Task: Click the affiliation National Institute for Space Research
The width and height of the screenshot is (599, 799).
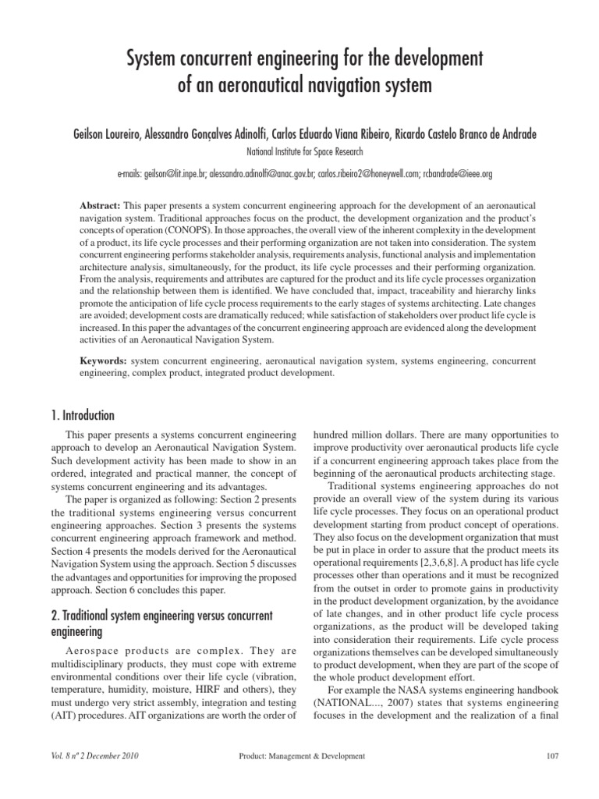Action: pyautogui.click(x=299, y=152)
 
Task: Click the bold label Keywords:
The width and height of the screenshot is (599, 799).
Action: pyautogui.click(x=105, y=362)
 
